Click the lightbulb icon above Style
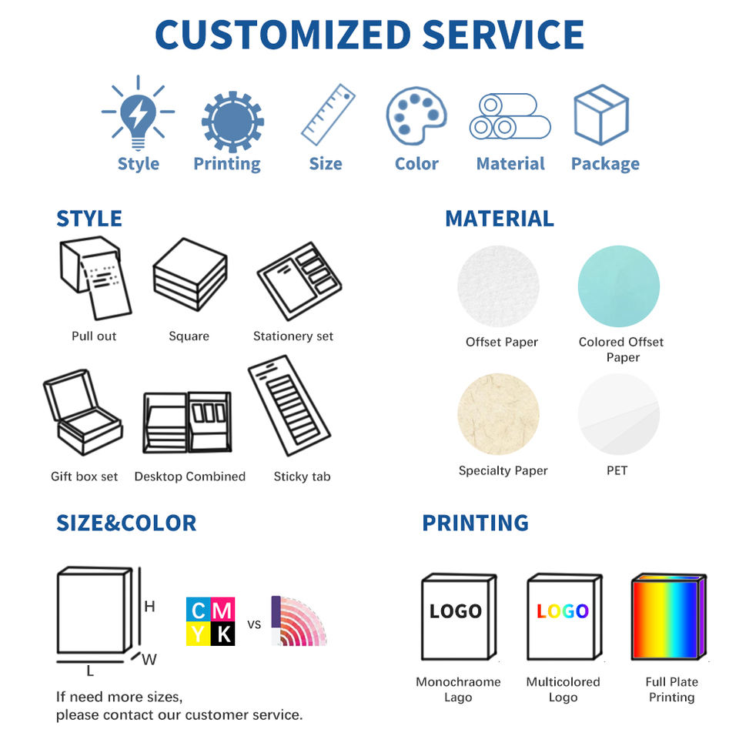pyautogui.click(x=138, y=114)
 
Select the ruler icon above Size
pyautogui.click(x=328, y=115)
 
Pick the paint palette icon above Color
pyautogui.click(x=416, y=115)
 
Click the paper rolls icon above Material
pyautogui.click(x=509, y=116)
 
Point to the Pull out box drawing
pyautogui.click(x=95, y=279)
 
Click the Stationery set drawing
pyautogui.click(x=299, y=280)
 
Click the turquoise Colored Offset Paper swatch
pyautogui.click(x=619, y=286)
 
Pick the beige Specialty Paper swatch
pyautogui.click(x=498, y=415)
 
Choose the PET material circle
pyautogui.click(x=619, y=415)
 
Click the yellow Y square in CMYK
pyautogui.click(x=198, y=634)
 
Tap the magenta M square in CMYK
pyautogui.click(x=222, y=610)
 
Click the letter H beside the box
pyautogui.click(x=149, y=607)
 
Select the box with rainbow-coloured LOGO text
pyautogui.click(x=563, y=616)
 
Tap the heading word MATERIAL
pyautogui.click(x=499, y=219)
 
